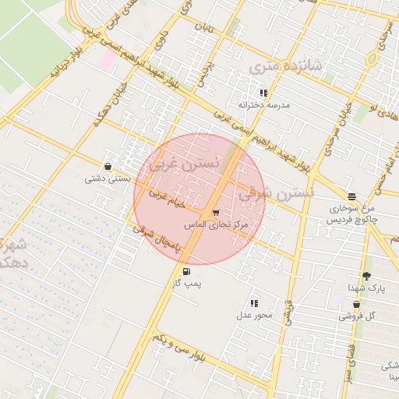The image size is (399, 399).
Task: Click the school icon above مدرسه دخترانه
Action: point(263,93)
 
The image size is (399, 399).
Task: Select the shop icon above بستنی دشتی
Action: point(107,166)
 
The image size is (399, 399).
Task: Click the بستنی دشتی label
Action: point(107,178)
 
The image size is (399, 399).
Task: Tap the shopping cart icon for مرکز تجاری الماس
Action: point(215,212)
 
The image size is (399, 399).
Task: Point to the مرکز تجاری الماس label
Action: point(215,224)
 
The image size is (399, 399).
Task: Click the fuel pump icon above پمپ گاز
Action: point(185,271)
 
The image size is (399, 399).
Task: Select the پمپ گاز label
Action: point(186,284)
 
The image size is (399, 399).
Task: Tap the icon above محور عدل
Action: point(253,303)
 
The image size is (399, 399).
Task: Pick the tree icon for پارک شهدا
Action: point(366,276)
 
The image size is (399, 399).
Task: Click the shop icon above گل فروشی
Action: point(357,304)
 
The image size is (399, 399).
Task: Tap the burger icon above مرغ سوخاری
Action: point(352,196)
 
